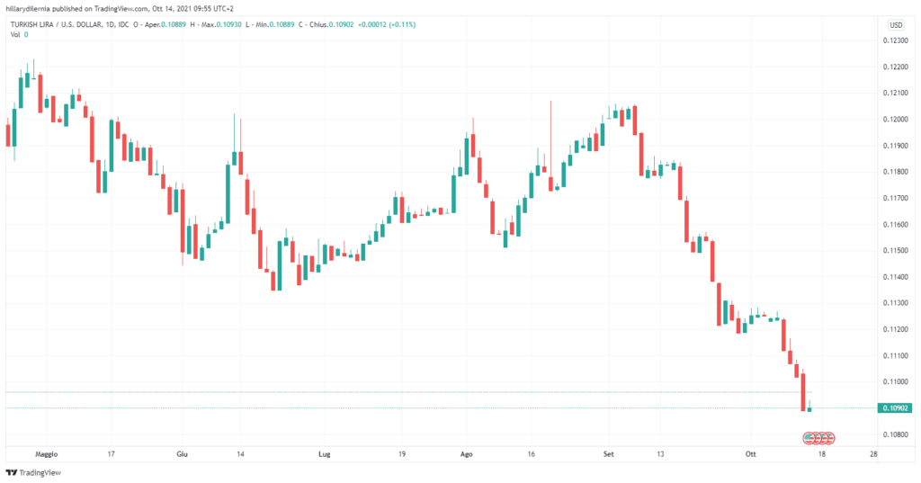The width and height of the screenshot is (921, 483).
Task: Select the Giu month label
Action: coord(183,454)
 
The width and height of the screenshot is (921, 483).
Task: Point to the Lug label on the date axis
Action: coord(324,454)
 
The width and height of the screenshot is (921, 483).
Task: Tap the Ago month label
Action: coord(466,454)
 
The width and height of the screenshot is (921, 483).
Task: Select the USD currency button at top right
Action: coord(896,24)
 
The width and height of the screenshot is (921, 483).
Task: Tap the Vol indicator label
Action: coord(15,34)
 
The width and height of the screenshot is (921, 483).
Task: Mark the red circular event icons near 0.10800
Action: coord(819,438)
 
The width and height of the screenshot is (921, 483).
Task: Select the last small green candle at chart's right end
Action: coord(809,409)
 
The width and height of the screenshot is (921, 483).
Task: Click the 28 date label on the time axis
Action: coord(874,454)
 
